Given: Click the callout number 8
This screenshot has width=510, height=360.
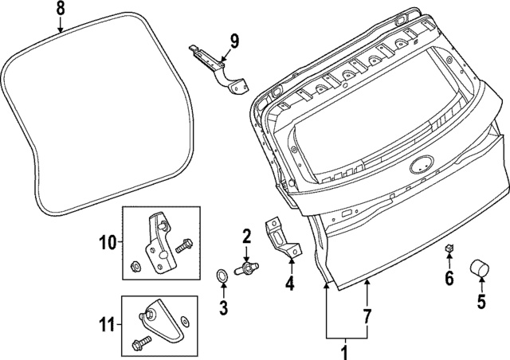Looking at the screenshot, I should coord(61,10).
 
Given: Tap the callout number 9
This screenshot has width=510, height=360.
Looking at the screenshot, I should coord(233,39).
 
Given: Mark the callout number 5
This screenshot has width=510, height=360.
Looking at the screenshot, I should coord(481,301).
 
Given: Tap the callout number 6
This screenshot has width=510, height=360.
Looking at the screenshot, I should coord(449,278).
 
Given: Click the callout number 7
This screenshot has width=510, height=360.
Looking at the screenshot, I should coord(367,317).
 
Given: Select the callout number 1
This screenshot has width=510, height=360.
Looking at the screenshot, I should coord(345,350).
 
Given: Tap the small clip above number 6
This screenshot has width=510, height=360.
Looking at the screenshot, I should coord(449,250).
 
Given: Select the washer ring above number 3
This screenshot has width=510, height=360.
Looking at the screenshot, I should coord(222,275).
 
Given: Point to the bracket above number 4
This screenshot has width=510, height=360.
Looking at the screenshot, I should coord(280,237).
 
